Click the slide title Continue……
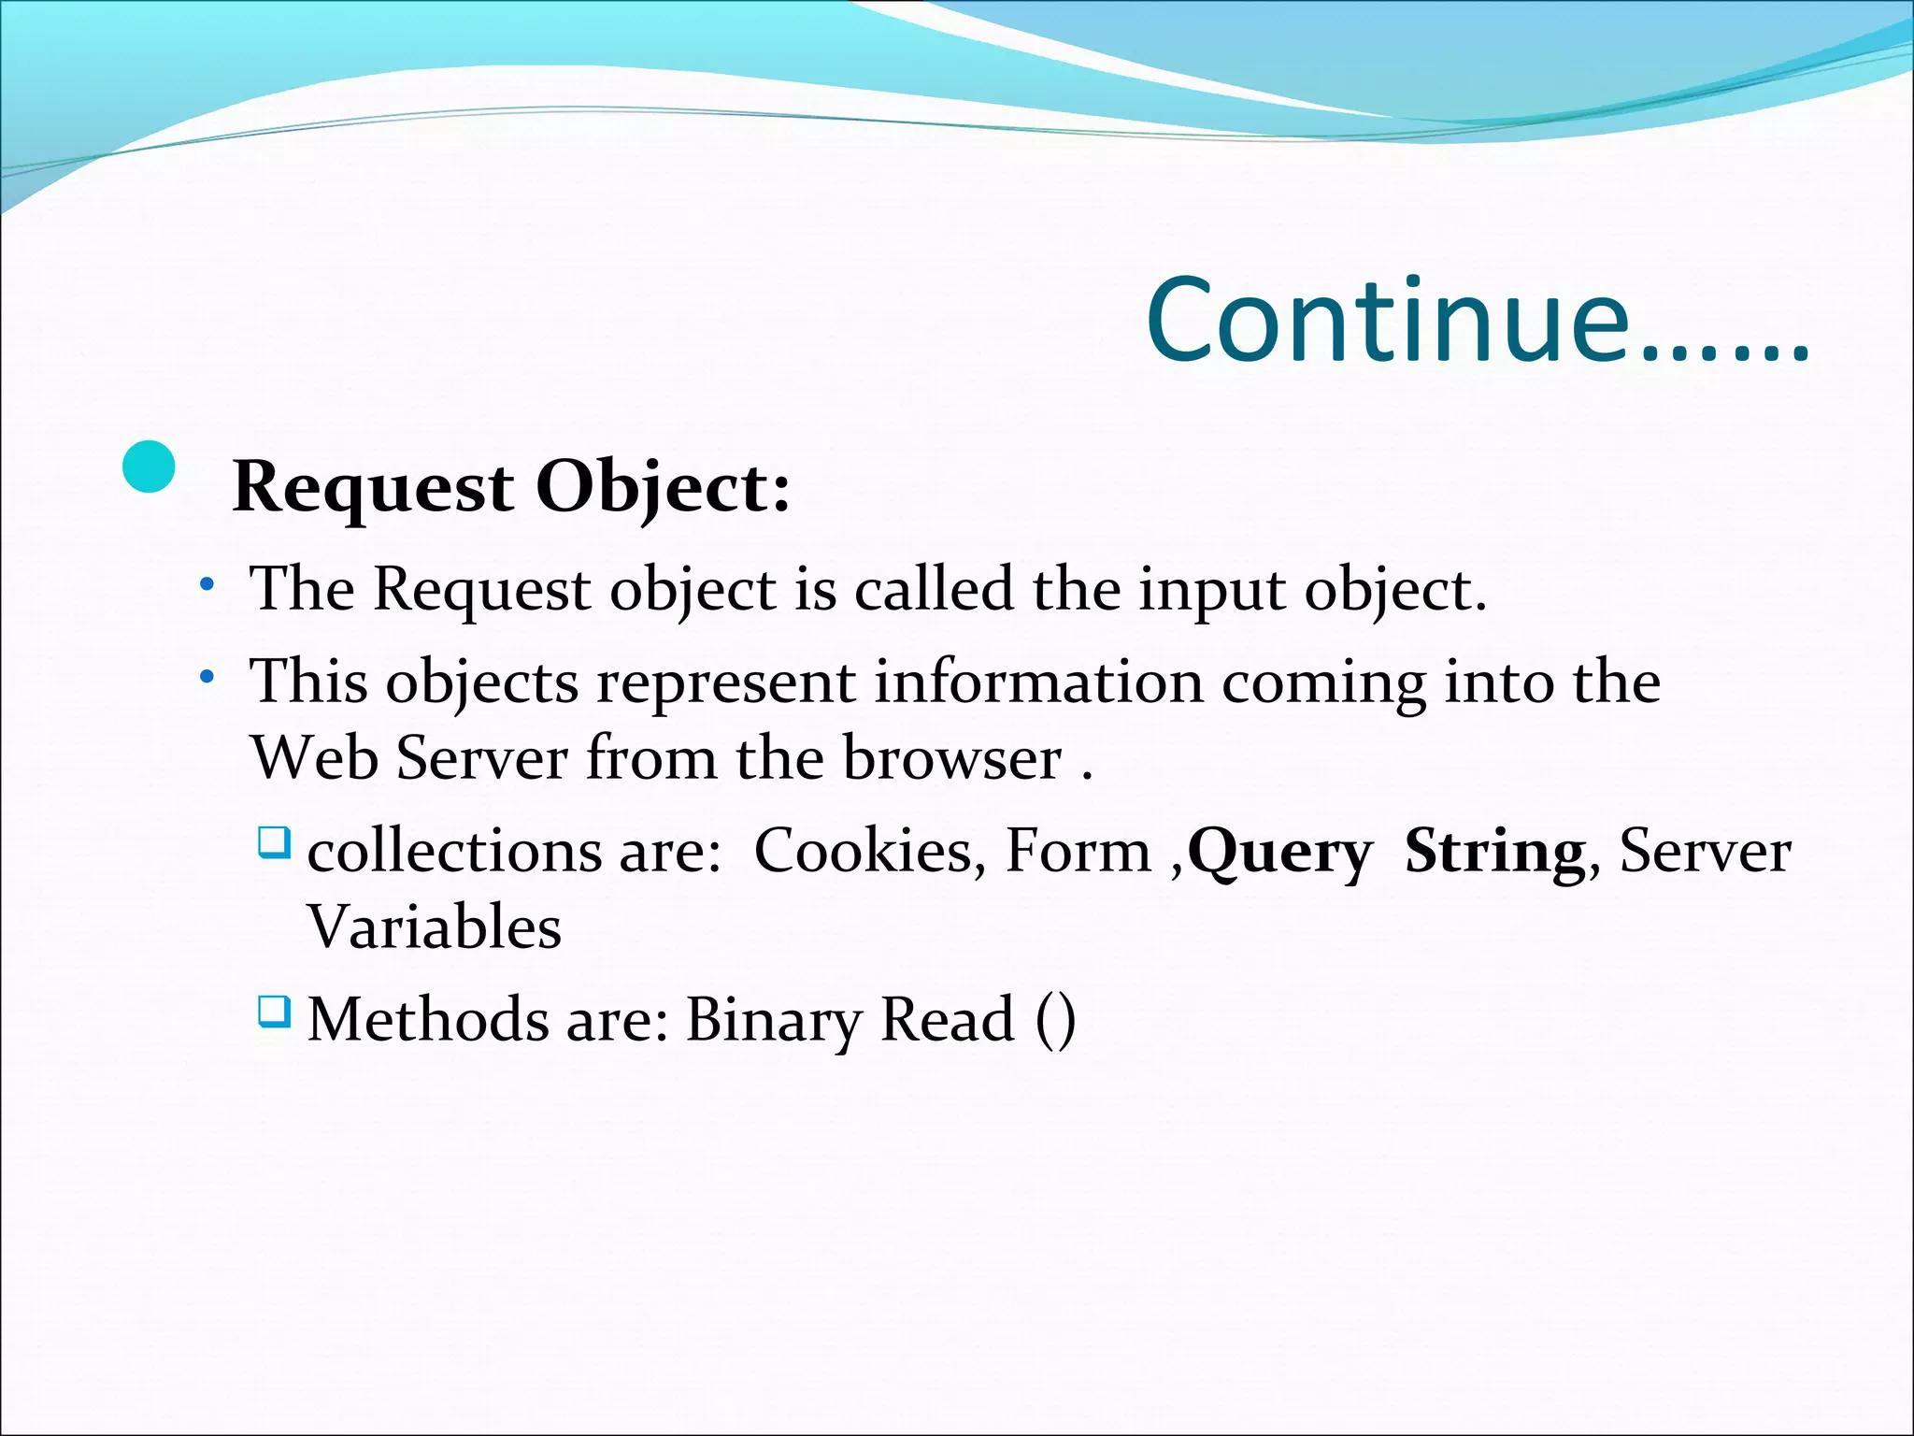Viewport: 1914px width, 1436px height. (1477, 320)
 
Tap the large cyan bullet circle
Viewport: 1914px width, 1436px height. (149, 467)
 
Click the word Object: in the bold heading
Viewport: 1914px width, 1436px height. (663, 488)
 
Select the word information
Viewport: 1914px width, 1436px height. (1038, 681)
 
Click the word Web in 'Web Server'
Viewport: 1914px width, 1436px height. (314, 757)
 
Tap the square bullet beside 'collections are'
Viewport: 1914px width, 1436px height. (274, 842)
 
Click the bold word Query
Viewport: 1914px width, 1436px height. (1279, 853)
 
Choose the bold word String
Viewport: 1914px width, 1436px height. (1494, 853)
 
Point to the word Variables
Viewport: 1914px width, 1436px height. (435, 926)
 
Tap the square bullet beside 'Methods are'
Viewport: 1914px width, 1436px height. (274, 1011)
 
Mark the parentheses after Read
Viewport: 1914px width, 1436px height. (1056, 1019)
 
